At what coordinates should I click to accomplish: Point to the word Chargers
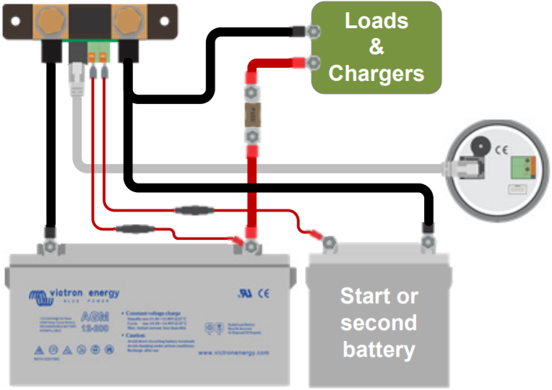(x=376, y=73)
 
